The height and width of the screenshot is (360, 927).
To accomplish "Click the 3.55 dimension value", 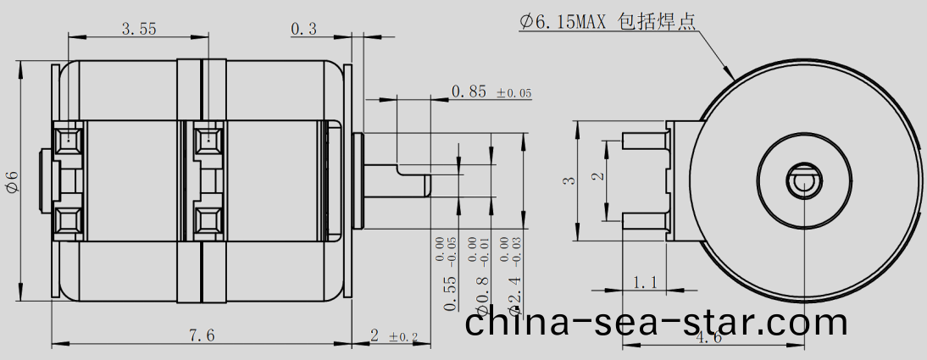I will click(x=138, y=29).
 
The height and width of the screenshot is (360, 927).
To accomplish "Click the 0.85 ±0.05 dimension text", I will click(x=491, y=91).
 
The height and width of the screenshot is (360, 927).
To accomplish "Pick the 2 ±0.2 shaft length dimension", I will click(x=394, y=335).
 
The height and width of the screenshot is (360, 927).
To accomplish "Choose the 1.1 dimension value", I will click(x=645, y=281).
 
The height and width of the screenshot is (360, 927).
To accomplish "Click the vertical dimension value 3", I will click(x=569, y=180).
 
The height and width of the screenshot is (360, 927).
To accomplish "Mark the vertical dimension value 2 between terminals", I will click(x=597, y=177).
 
